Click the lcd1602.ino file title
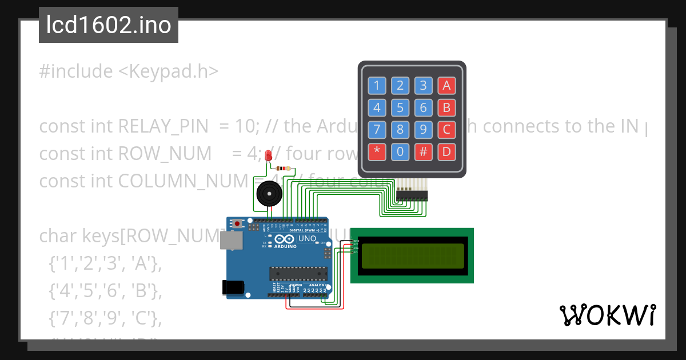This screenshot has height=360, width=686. pos(109,25)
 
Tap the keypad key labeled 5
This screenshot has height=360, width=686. pos(400,107)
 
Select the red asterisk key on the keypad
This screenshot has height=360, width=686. pos(376,152)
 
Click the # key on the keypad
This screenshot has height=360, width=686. pos(424,152)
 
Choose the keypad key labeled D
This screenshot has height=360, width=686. pos(446,152)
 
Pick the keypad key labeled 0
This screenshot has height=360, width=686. pos(400,152)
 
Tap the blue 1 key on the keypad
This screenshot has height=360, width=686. pos(376,86)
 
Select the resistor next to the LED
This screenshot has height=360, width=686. pos(282,169)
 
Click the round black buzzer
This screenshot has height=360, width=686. pos(268,194)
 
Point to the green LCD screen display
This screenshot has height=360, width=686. pos(412,255)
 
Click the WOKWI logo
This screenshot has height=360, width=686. pos(607,315)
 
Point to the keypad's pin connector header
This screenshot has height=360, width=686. pos(412,194)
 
